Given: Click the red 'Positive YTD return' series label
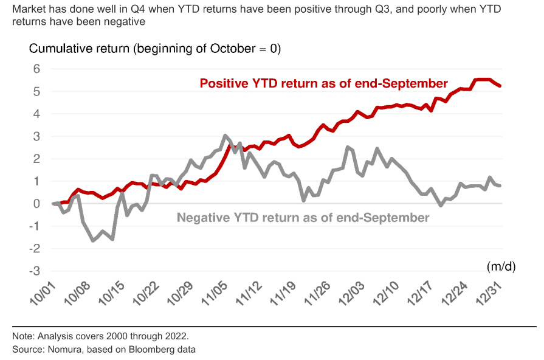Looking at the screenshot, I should (323, 83).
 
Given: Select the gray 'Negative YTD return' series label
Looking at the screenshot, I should (303, 218).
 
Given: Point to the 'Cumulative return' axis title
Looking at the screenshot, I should (154, 49).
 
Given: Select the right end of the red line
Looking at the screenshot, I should (500, 86).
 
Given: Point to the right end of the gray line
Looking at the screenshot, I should (500, 185).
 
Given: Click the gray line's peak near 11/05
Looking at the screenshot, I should (225, 136).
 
